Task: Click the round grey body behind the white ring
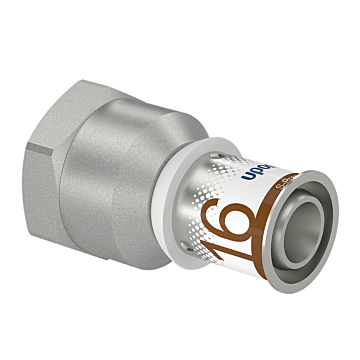click(x=160, y=200)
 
